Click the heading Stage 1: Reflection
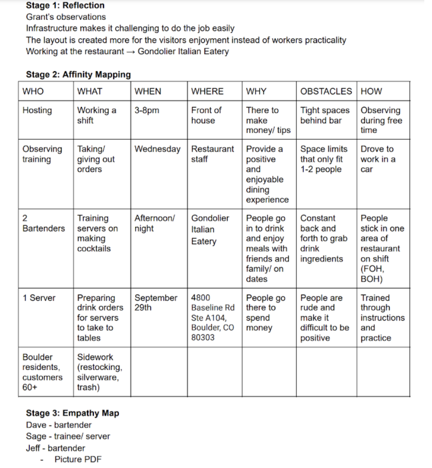point(65,6)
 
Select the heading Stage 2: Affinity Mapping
point(78,75)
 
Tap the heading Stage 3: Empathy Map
point(72,413)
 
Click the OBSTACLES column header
point(326,91)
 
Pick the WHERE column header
point(207,91)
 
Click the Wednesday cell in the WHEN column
point(157,149)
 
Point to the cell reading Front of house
point(206,115)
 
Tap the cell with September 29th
point(156,302)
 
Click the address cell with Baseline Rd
point(213,317)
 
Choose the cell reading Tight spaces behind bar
point(325,115)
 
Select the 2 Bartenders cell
point(43,223)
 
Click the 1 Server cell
point(39,298)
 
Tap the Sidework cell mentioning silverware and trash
point(100,372)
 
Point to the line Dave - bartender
point(59,425)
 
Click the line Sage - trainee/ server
point(68,436)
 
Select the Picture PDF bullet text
point(78,459)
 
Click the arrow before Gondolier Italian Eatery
point(130,52)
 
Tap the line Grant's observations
point(66,17)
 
